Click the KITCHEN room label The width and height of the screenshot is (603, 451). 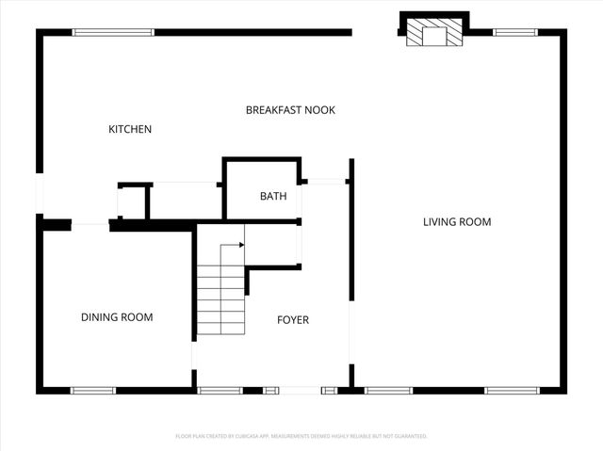pos(130,129)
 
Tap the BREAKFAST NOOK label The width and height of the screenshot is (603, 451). pos(290,110)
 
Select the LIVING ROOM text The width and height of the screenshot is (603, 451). pos(457,222)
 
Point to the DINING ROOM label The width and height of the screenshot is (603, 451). pos(117,317)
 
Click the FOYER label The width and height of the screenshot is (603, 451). pos(292,320)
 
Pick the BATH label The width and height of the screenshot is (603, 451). pos(273,197)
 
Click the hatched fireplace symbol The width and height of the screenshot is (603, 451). pos(434,36)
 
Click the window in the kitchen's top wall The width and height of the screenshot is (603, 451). pos(113,32)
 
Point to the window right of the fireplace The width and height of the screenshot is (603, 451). pos(515,32)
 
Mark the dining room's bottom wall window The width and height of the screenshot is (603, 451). pos(93,390)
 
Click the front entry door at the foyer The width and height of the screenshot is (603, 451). pos(301,390)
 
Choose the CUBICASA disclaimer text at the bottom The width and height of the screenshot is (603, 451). pos(301,436)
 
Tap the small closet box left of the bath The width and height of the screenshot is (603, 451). pos(133,201)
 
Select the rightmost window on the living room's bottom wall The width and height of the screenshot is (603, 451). pos(512,390)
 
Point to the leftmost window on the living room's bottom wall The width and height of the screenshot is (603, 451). pos(388,390)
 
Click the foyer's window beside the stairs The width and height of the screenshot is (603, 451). pos(220,390)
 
